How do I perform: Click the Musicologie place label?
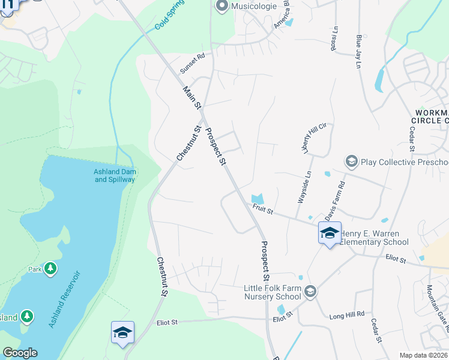[252, 6]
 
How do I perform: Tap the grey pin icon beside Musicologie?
[221, 6]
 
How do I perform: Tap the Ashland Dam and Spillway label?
[115, 176]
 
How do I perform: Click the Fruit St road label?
[263, 211]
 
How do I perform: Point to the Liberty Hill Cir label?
[316, 136]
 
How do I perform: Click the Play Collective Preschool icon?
[351, 161]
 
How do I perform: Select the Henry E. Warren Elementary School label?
[374, 238]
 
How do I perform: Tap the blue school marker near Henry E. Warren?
[329, 233]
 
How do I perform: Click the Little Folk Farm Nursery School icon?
[310, 292]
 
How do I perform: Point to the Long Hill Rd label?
[347, 314]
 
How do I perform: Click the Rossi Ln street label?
[336, 38]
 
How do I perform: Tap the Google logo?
[20, 353]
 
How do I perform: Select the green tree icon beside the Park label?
[51, 268]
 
